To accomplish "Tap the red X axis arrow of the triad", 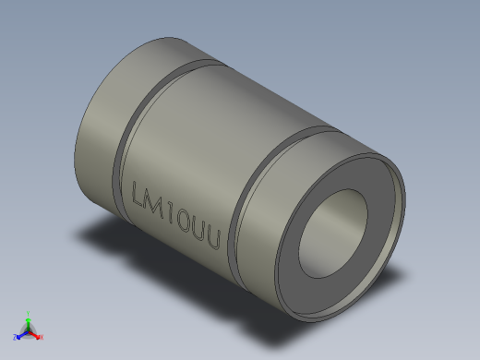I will (36, 335).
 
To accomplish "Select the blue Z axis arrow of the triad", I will (21, 334).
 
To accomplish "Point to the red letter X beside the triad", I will (42, 338).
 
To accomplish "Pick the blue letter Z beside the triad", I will (16, 338).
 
